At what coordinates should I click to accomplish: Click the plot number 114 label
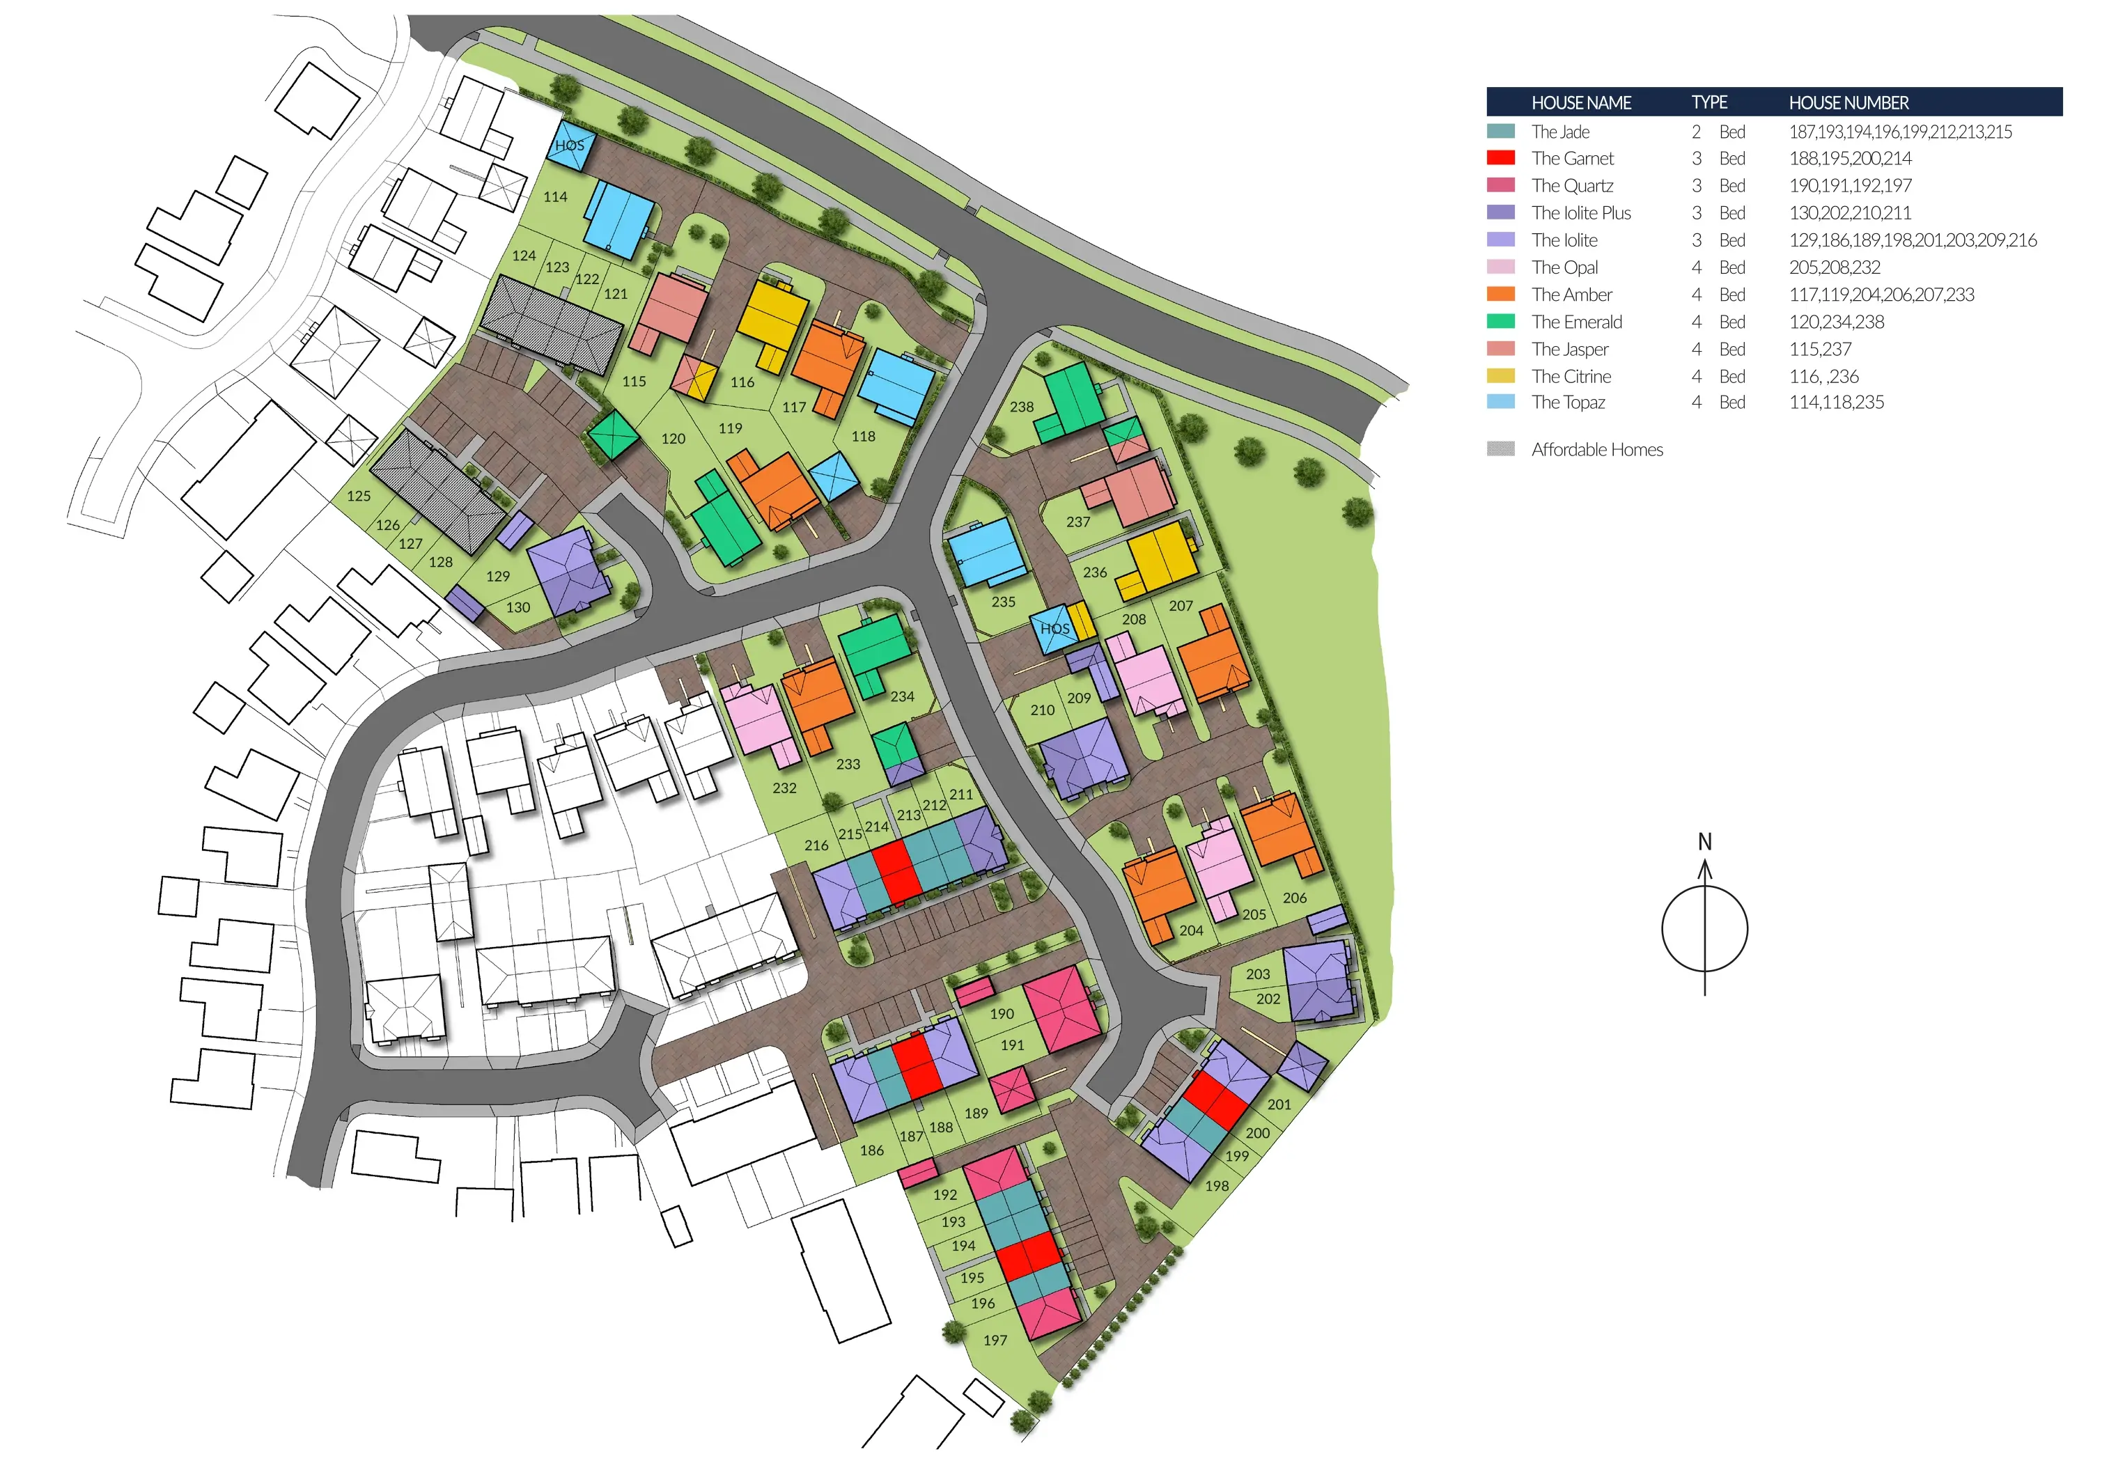[x=555, y=197]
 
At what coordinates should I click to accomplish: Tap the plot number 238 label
[x=1022, y=407]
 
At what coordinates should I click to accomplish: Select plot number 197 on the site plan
[x=995, y=1340]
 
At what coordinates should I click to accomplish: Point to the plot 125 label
[x=359, y=496]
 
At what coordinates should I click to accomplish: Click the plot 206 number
[x=1295, y=898]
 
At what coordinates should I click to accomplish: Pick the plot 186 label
[x=871, y=1150]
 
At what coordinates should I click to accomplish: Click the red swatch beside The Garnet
[x=1500, y=158]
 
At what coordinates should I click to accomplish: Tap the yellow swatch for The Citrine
[x=1500, y=376]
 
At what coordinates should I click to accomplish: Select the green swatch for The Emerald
[x=1500, y=321]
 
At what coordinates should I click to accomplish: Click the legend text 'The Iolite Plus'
[x=1581, y=213]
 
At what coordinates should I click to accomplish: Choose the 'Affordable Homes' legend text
[x=1597, y=449]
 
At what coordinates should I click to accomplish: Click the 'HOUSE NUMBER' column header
[x=1848, y=102]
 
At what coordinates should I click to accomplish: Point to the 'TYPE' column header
[x=1709, y=102]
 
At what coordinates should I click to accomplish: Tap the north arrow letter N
[x=1705, y=841]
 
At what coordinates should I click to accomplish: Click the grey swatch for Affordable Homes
[x=1500, y=448]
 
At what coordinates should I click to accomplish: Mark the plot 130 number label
[x=518, y=607]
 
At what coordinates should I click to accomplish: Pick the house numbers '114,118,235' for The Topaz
[x=1837, y=402]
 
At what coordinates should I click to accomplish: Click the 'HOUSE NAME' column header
[x=1581, y=102]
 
